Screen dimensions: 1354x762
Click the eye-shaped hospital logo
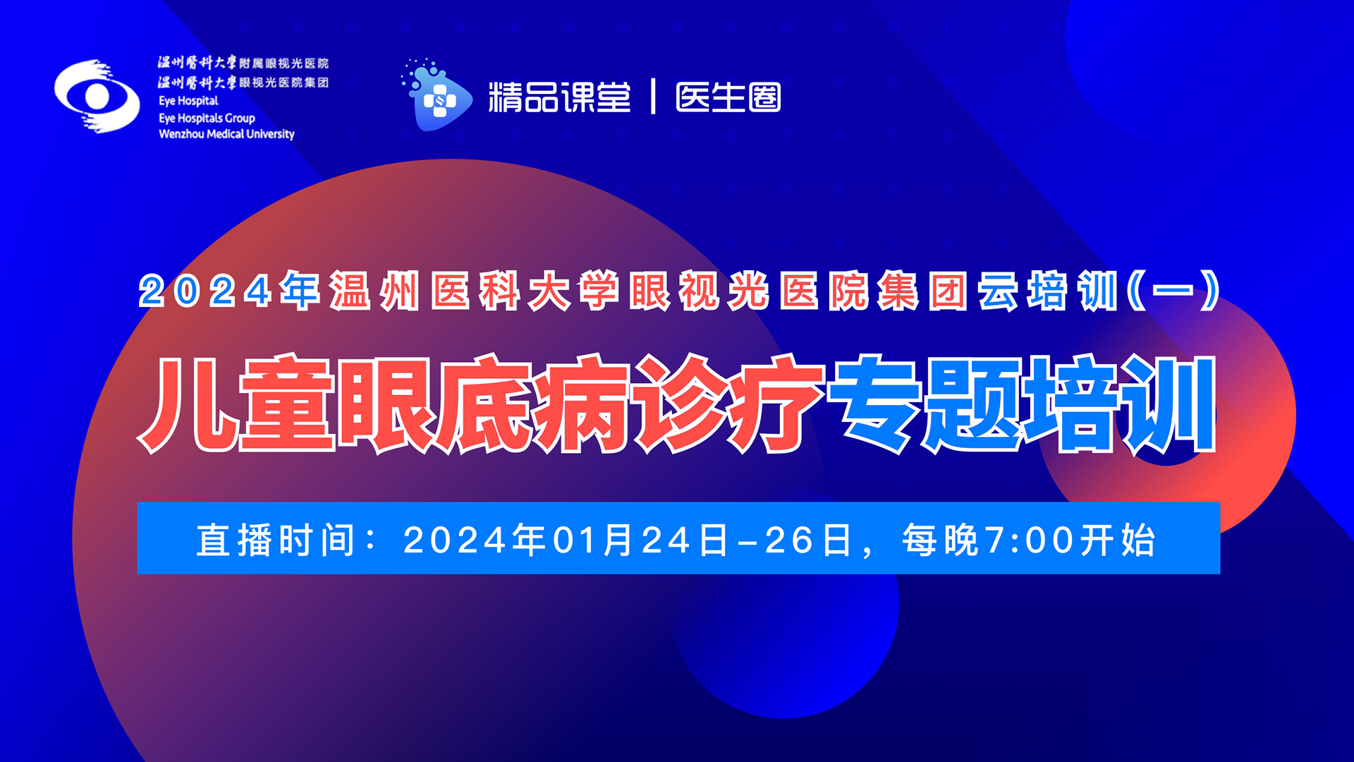pos(97,96)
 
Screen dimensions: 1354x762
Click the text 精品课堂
pos(559,97)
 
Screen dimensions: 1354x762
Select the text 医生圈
pos(728,97)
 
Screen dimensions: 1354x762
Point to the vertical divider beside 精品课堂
pos(653,96)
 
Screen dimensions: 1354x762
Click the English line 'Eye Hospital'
pos(188,101)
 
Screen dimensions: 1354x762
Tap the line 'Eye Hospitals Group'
pos(207,118)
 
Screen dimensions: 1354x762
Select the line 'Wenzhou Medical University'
pos(226,134)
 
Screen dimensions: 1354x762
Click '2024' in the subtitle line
pos(205,291)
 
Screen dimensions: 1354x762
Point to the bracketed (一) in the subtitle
pos(1173,290)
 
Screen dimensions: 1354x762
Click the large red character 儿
pos(186,404)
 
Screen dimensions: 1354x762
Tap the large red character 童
pos(287,404)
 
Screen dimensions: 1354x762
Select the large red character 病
pos(583,404)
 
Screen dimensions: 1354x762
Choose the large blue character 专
pos(876,404)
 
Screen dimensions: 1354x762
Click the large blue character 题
pos(974,404)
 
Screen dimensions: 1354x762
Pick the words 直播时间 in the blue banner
pos(276,540)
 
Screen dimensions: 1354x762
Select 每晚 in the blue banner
pos(941,540)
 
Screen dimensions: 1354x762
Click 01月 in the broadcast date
pos(592,540)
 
